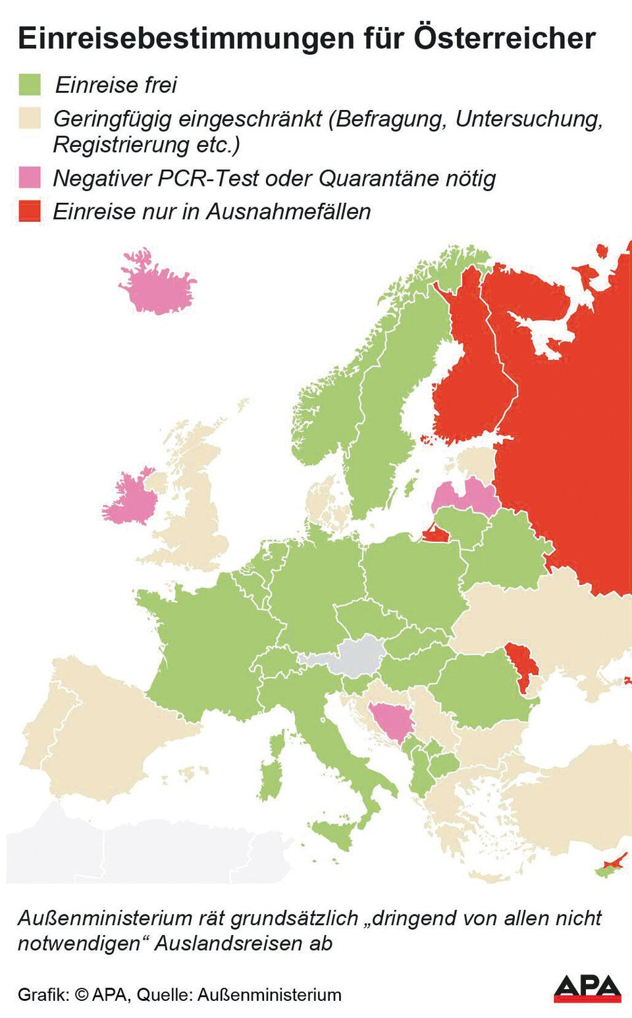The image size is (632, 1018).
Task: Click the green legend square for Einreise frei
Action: pyautogui.click(x=30, y=84)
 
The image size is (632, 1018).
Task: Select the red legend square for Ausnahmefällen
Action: pyautogui.click(x=30, y=211)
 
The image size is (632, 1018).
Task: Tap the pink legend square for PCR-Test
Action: pyautogui.click(x=30, y=178)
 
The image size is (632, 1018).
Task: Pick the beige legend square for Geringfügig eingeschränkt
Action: pyautogui.click(x=30, y=119)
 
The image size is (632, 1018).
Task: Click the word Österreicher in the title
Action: pyautogui.click(x=504, y=38)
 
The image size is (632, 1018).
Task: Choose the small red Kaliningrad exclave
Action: pyautogui.click(x=434, y=533)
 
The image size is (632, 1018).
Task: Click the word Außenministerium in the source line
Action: pyautogui.click(x=269, y=994)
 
